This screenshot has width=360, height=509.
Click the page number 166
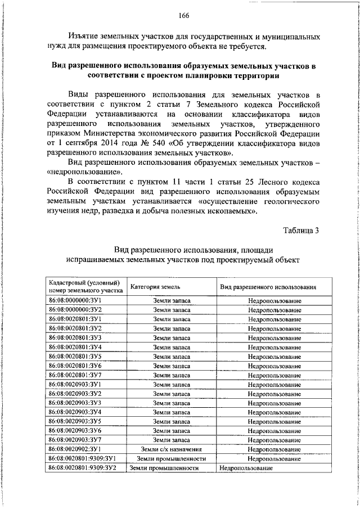click(184, 15)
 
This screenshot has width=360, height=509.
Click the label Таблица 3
click(299, 230)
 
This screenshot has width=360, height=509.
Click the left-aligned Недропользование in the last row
click(246, 468)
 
